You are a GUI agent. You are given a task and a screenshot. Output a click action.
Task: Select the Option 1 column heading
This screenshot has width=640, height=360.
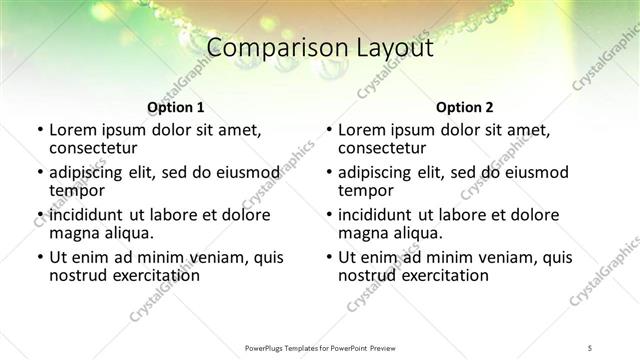(x=176, y=107)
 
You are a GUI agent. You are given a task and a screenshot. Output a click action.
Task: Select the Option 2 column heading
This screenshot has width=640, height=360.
(x=465, y=107)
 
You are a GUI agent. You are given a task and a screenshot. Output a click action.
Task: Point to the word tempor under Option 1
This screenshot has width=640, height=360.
(x=76, y=190)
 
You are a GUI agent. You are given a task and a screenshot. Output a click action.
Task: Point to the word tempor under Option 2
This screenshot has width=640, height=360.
(x=365, y=190)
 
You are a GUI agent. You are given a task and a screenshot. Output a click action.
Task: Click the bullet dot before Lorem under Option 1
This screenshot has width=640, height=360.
(x=40, y=130)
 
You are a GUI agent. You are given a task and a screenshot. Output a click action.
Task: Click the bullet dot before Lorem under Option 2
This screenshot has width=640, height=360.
(x=329, y=130)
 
